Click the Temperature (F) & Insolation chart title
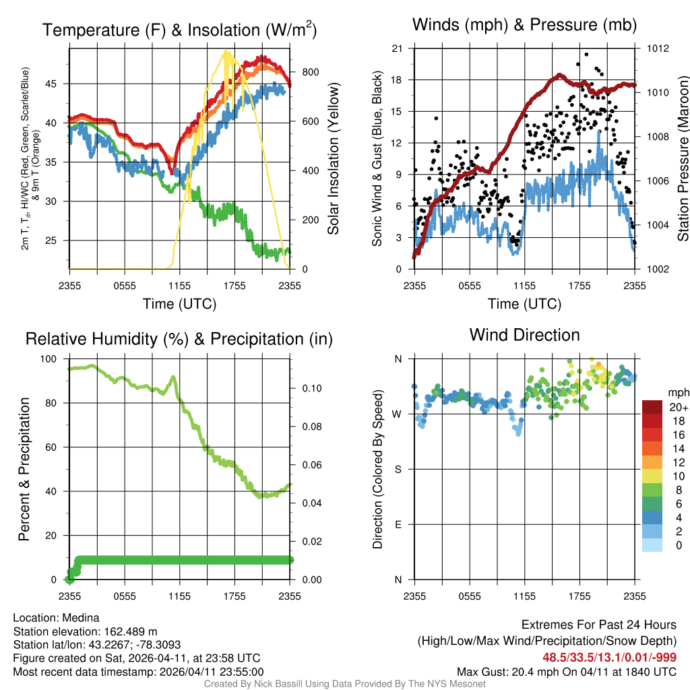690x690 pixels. [x=179, y=30]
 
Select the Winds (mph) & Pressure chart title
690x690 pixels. [x=524, y=25]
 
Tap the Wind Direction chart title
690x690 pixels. [x=524, y=335]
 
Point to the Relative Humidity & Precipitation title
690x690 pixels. [x=179, y=339]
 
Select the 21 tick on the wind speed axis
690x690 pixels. [x=397, y=48]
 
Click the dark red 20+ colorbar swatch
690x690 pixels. [x=653, y=407]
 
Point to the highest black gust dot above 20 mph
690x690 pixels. [x=586, y=55]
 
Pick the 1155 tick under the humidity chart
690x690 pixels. [x=179, y=596]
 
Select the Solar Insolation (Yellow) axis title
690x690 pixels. [x=334, y=159]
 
